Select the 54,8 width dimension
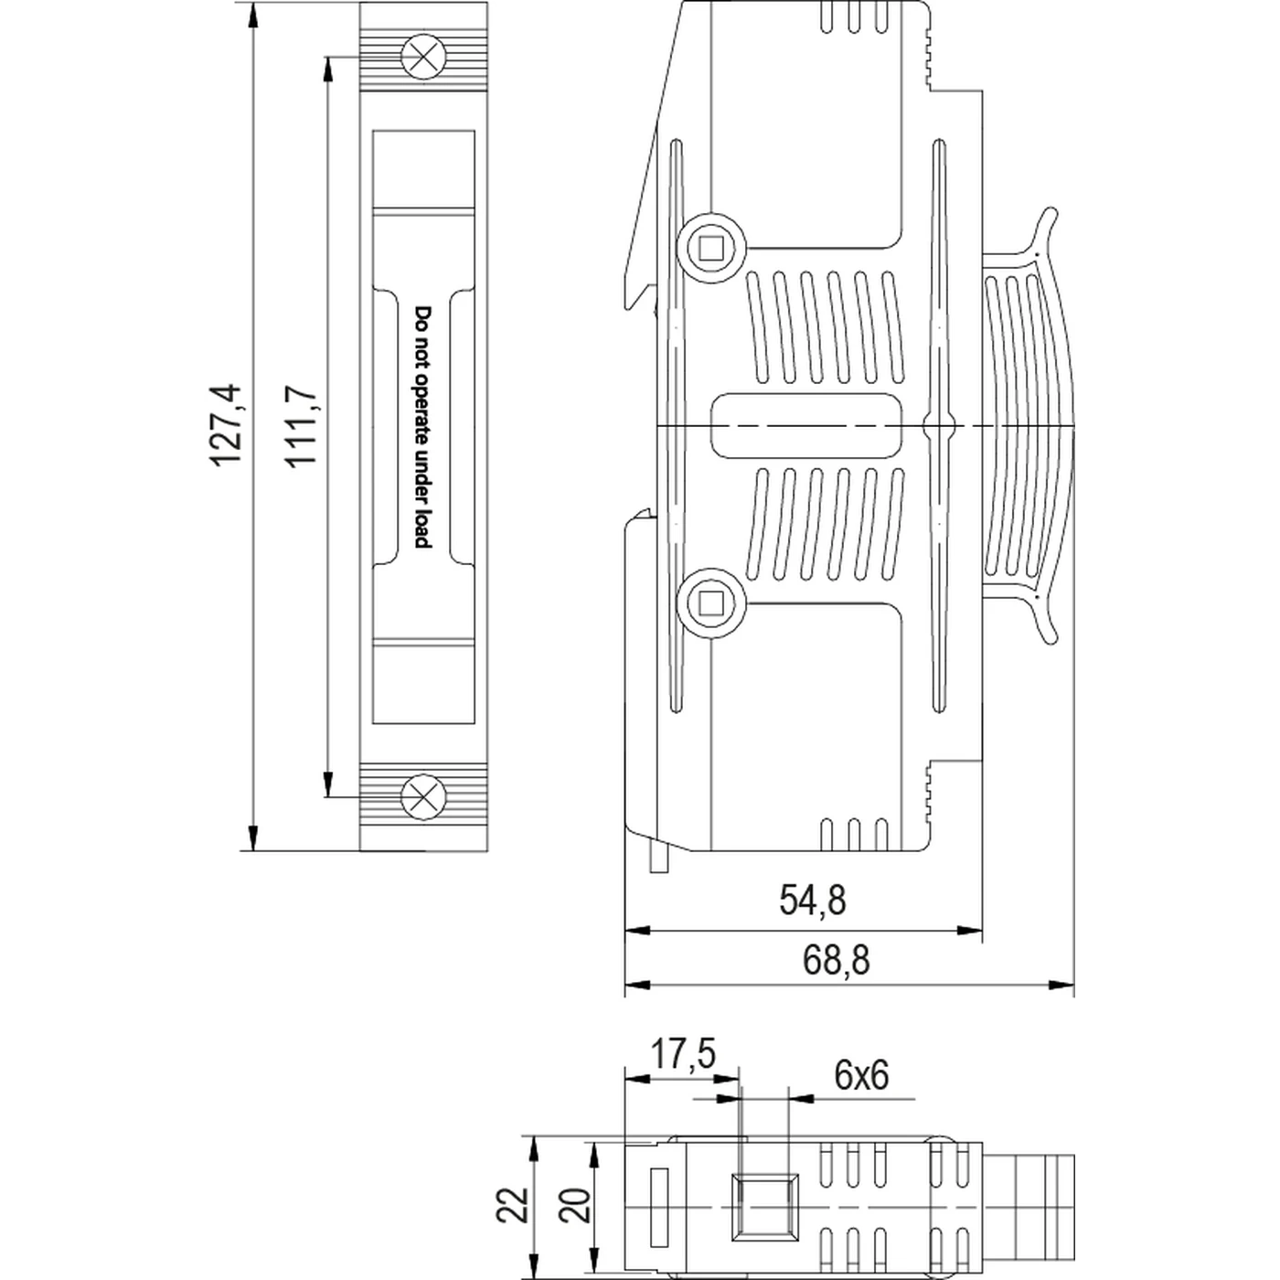[812, 901]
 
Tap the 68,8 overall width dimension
[836, 960]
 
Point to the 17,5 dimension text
[682, 1054]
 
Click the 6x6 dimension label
[860, 1075]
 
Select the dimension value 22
[514, 1204]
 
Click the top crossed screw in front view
[423, 57]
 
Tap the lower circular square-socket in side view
[710, 603]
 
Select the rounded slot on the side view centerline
[805, 425]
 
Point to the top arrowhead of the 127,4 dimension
[253, 15]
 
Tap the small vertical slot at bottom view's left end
[657, 1206]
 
